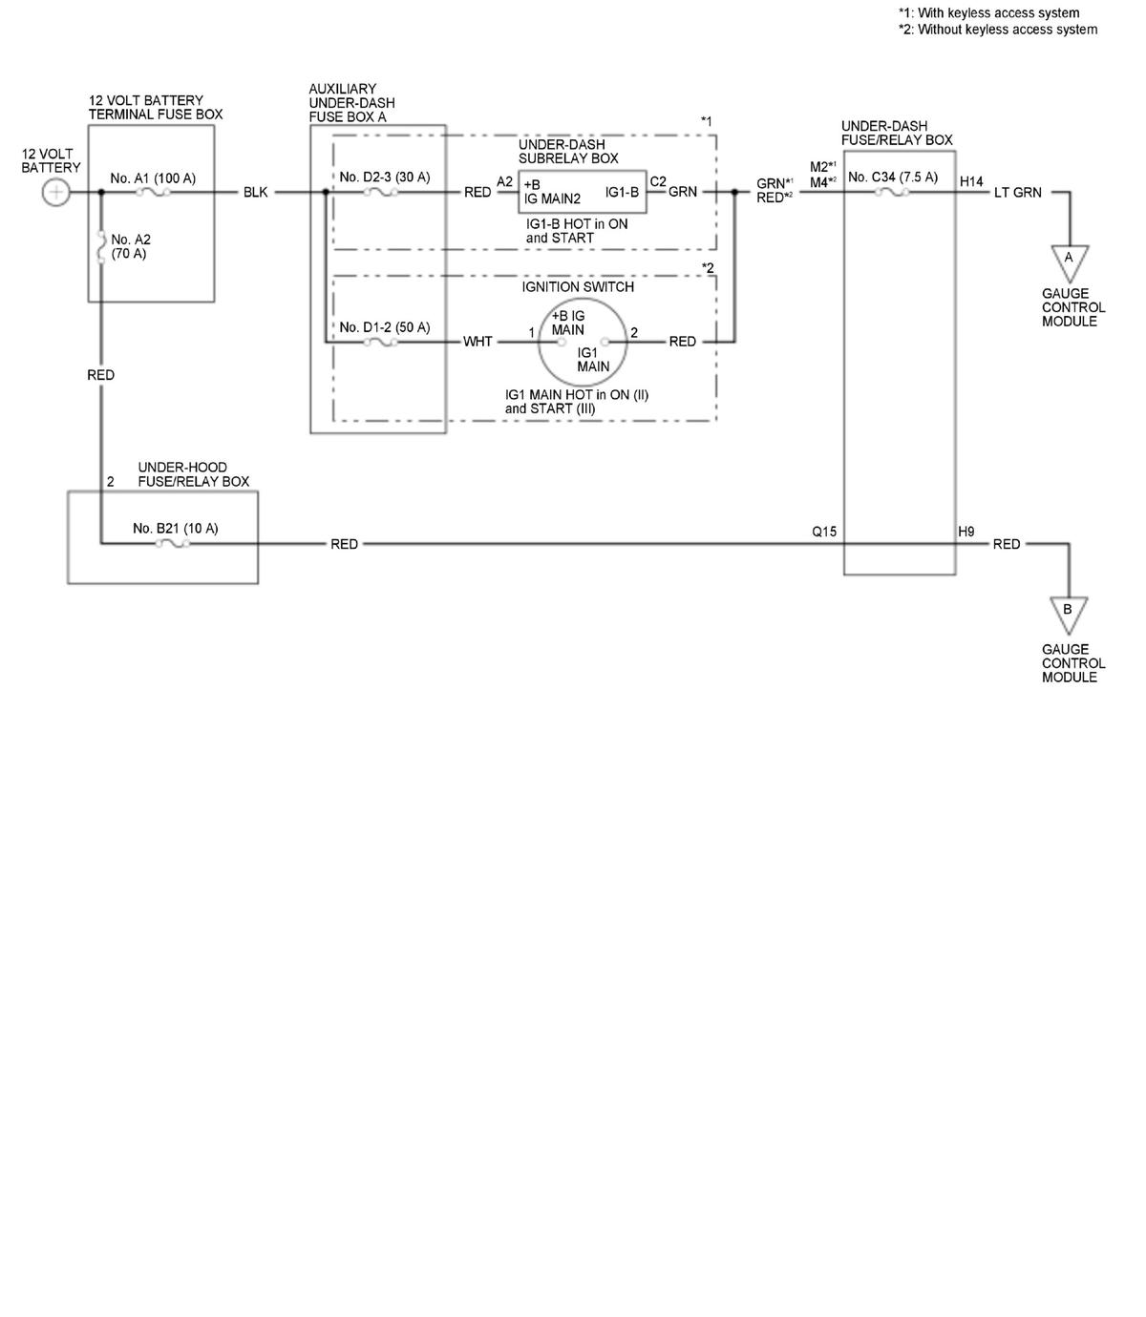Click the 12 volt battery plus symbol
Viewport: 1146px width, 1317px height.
coord(56,193)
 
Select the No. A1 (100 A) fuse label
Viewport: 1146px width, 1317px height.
coord(153,178)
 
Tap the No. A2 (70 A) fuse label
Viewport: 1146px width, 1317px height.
coord(131,246)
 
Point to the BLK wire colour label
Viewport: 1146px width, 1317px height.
coord(255,193)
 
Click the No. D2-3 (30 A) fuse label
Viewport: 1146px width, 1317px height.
coord(385,177)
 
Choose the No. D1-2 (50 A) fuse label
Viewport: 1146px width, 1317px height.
coord(385,327)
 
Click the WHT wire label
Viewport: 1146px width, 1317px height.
coord(477,342)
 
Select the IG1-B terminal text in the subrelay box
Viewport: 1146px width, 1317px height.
coord(622,192)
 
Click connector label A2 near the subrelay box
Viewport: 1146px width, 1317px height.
coord(504,182)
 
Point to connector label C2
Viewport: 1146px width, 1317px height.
coord(658,182)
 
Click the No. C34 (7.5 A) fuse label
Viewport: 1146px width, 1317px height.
coord(893,177)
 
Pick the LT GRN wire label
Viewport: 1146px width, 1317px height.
coord(1017,193)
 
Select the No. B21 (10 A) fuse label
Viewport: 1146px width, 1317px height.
coord(175,529)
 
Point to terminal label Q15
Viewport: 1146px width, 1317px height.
coord(824,532)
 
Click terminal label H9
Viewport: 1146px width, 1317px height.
coord(966,532)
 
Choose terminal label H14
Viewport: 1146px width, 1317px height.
coord(971,181)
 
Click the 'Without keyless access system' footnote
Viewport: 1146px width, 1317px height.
coord(998,30)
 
